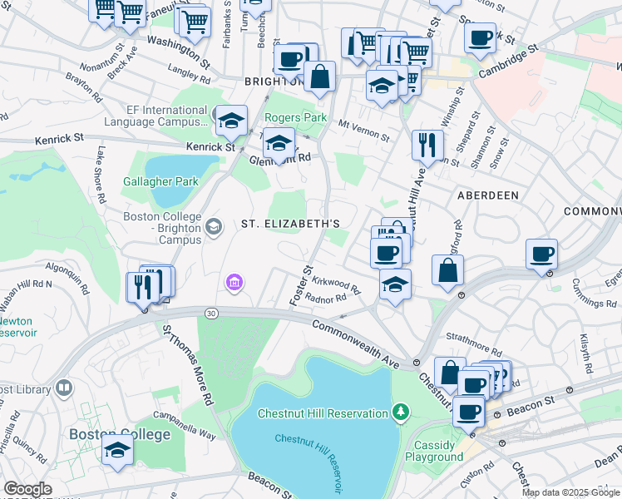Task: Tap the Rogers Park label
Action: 296,118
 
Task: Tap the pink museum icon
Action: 234,284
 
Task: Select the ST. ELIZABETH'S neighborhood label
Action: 290,225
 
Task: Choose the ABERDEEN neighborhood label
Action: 487,195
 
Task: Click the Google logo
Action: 27,489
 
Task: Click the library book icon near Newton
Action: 63,389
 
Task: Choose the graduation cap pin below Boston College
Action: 118,450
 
